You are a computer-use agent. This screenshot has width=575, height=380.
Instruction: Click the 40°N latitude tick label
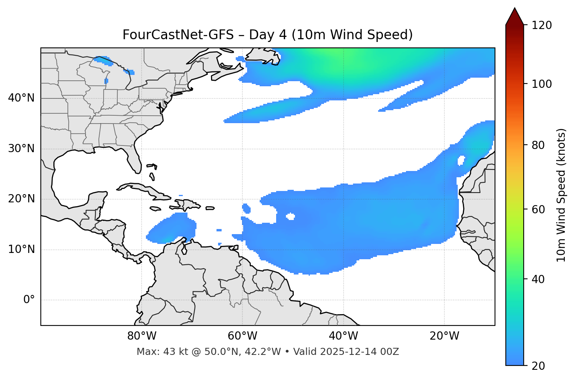(21, 98)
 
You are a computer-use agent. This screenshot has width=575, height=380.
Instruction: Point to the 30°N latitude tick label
(21, 149)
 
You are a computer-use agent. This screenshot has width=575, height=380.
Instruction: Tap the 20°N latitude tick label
(21, 199)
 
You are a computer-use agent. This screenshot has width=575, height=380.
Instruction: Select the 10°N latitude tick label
(21, 249)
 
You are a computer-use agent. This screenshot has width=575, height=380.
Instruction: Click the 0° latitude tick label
(29, 300)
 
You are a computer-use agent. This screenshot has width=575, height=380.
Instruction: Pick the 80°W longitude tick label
(142, 336)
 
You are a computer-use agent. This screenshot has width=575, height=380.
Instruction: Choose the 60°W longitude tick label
(242, 336)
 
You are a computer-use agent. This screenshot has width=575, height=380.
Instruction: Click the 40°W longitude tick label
(344, 336)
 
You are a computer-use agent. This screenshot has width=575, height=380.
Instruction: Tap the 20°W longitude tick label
(444, 336)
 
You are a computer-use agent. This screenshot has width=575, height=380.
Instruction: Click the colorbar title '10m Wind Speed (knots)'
(561, 195)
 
